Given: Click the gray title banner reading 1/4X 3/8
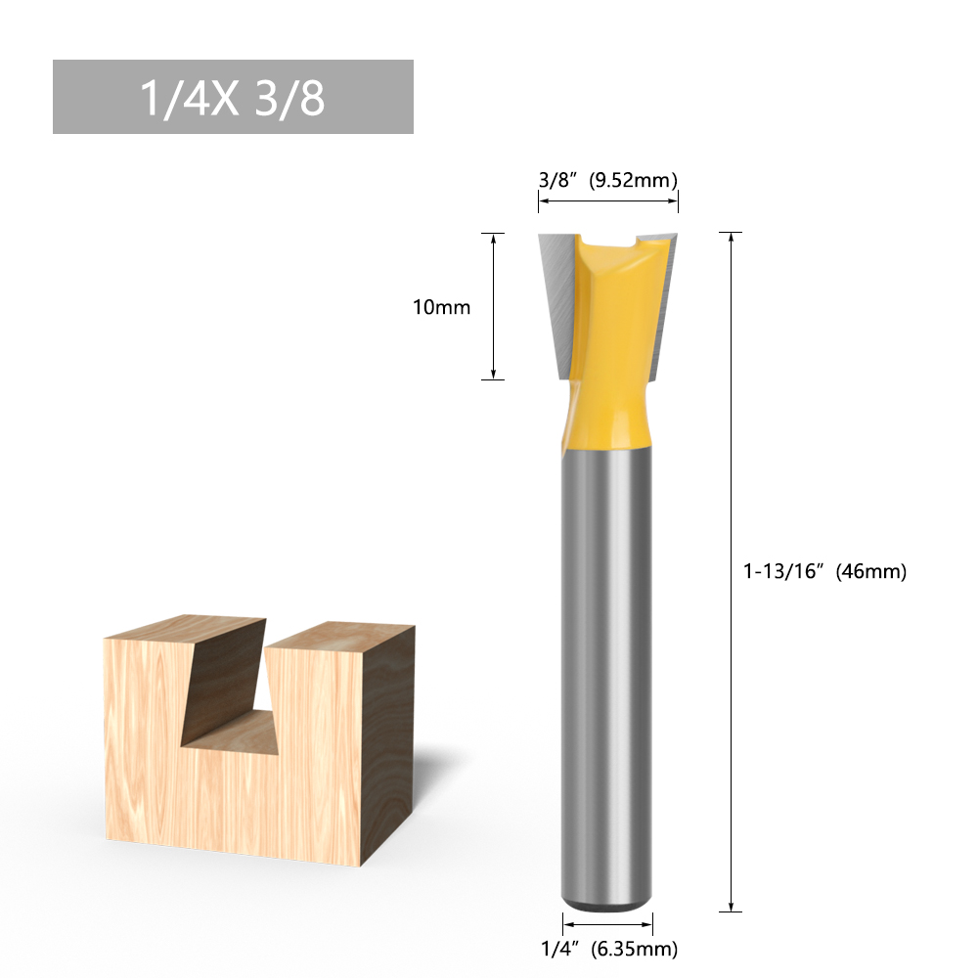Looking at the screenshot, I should [233, 97].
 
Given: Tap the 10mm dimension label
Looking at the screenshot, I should [441, 307].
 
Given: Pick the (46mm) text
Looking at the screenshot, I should [870, 571].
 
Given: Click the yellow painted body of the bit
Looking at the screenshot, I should [608, 333].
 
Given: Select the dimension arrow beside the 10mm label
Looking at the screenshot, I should [494, 306].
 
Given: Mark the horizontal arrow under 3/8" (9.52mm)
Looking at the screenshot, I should [607, 202].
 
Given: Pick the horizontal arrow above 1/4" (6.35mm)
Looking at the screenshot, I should [607, 922].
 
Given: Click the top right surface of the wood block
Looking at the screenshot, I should [337, 637].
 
